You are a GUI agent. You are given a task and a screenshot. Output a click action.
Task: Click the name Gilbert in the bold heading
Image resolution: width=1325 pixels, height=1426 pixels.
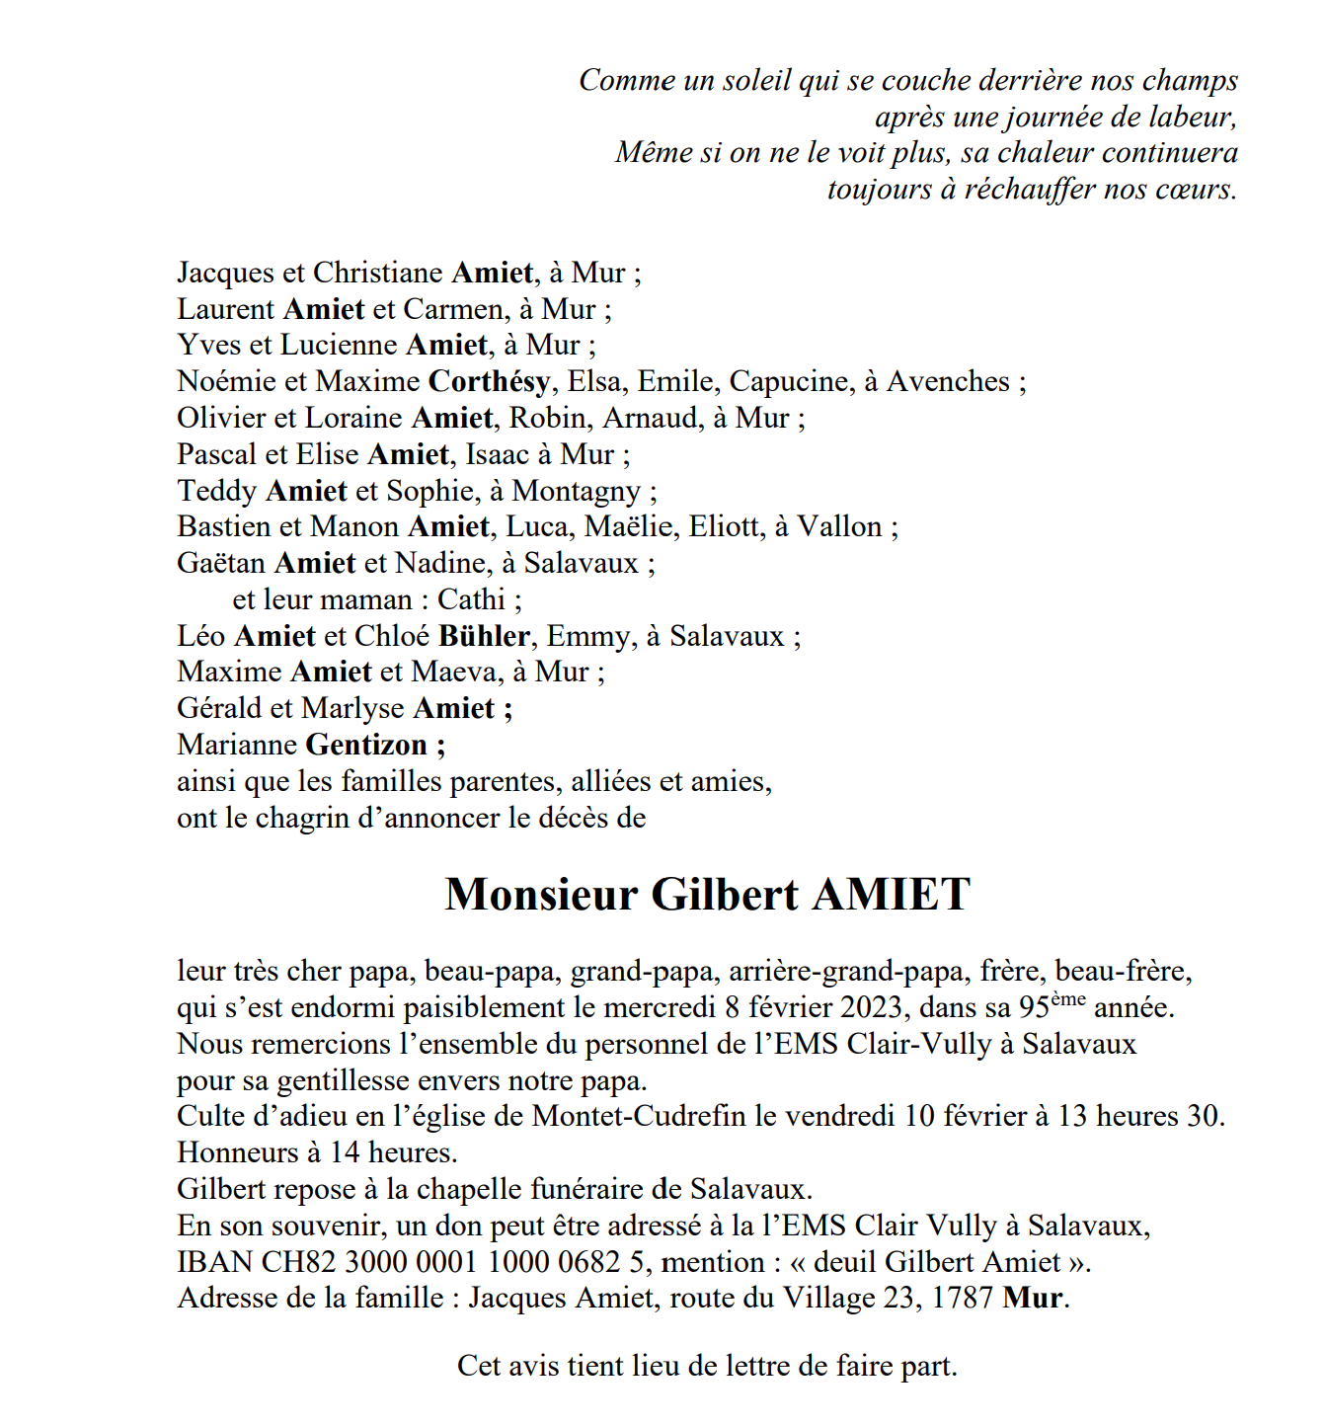coord(725,895)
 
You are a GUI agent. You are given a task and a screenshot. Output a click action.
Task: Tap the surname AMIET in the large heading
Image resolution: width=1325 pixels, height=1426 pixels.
coord(891,895)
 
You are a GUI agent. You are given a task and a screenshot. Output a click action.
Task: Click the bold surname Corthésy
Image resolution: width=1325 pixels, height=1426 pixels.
coord(489,382)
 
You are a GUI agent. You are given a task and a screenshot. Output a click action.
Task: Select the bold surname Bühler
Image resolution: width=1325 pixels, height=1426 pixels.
coord(484,636)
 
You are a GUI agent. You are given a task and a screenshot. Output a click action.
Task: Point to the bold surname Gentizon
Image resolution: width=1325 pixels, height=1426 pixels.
coord(366,745)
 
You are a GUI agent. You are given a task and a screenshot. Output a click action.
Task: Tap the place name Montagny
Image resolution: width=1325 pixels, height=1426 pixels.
coord(576,492)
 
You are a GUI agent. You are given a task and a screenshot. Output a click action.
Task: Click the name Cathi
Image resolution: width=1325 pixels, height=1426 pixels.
coord(471,599)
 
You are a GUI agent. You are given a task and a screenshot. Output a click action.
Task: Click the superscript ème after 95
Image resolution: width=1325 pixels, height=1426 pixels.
coord(1067,999)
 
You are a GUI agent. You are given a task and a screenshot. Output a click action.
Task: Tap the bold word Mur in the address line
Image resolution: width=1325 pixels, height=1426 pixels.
coord(1033,1298)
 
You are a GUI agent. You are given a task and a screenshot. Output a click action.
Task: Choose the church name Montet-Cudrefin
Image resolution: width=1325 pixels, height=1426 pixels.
coord(639,1116)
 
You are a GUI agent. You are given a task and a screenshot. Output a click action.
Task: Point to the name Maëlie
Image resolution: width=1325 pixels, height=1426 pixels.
coord(627,526)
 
